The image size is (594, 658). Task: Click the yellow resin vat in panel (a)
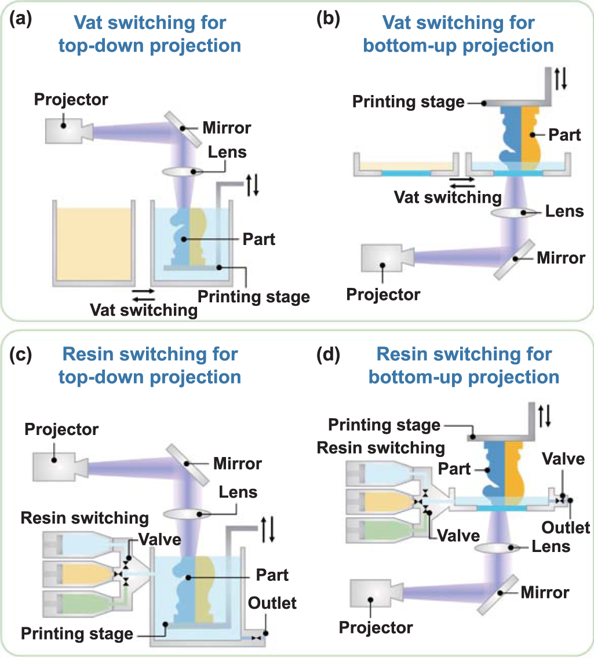93,244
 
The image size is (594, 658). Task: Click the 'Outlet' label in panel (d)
566,527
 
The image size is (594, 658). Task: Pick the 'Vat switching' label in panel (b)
448,197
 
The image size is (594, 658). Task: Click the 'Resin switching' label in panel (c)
85,517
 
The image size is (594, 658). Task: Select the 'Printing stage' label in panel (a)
254,297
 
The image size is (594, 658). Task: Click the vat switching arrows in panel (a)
143,294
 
